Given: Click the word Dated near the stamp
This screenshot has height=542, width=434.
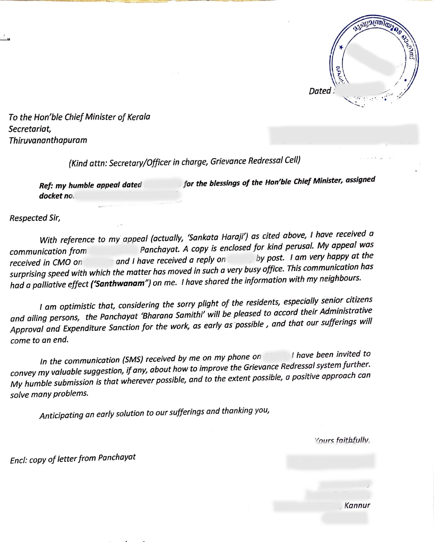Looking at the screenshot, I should (x=320, y=91).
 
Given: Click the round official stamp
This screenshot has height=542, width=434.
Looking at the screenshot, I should (x=374, y=61).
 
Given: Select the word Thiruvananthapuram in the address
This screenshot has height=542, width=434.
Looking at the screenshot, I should (x=48, y=141).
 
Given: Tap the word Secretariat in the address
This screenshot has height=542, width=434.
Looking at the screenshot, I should (x=30, y=129).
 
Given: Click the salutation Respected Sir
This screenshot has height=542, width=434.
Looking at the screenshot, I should (x=35, y=218).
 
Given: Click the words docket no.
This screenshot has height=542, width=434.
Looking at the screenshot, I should (x=56, y=196).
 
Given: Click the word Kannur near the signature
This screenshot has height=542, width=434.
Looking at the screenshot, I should (x=357, y=505).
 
